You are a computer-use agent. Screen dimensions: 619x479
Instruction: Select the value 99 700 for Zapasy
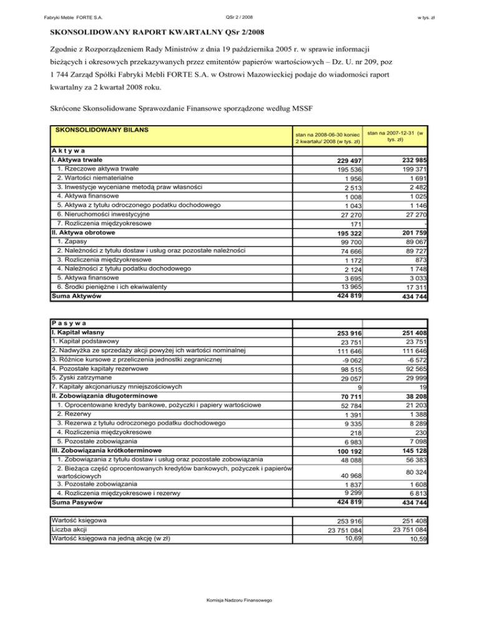346,241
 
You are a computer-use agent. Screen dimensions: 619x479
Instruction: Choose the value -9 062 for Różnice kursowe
348,359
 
